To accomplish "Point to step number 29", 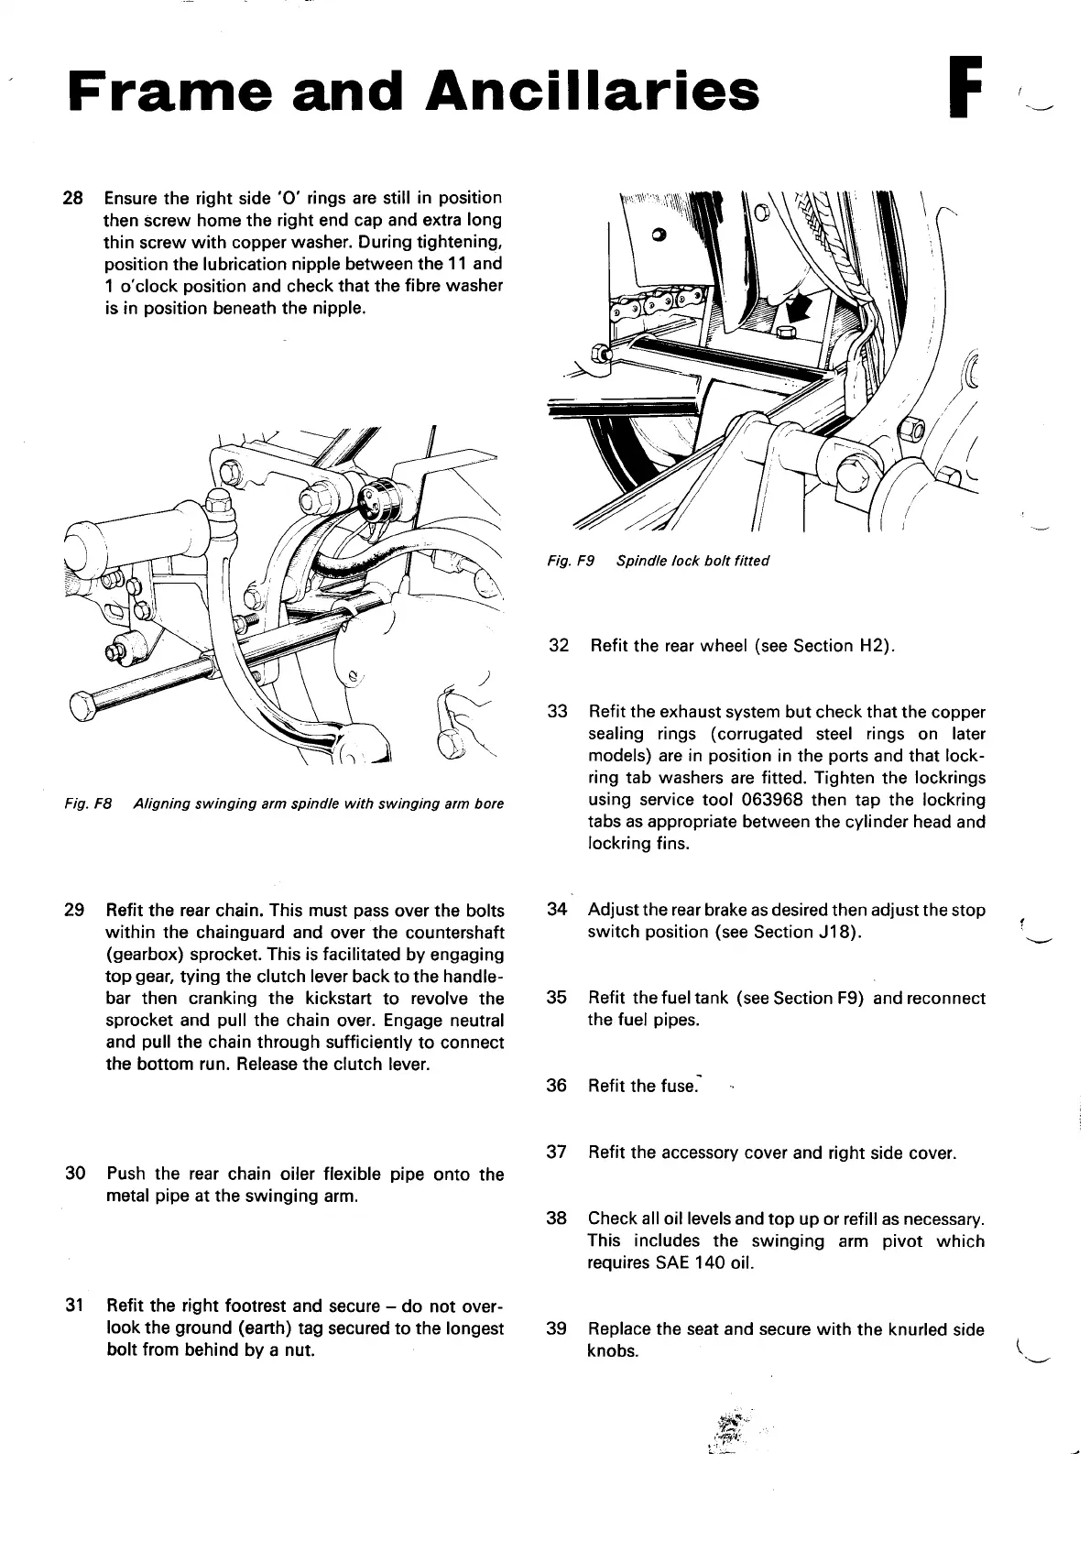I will click(76, 911).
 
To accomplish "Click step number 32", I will click(559, 646).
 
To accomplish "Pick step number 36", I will click(557, 1086).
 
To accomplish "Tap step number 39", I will click(557, 1329).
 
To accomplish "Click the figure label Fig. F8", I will click(89, 804).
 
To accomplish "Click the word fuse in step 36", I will click(679, 1086).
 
